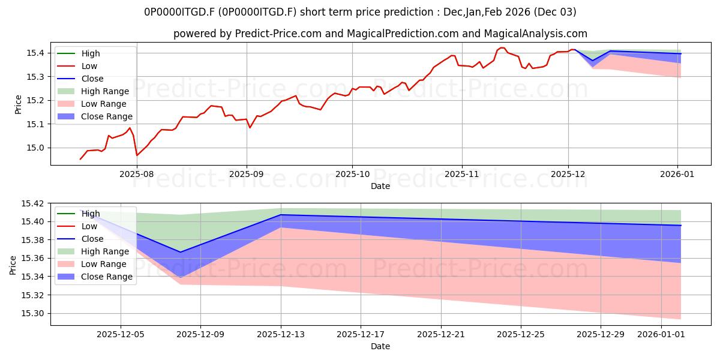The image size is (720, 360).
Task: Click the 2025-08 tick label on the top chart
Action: pos(137,174)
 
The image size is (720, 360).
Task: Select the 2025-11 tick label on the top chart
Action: pos(461,174)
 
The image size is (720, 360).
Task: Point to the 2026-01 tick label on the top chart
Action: pos(677,174)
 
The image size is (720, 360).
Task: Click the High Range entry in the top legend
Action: pos(105,91)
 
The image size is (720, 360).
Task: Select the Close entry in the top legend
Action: pos(92,79)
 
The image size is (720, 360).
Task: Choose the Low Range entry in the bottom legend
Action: pos(104,264)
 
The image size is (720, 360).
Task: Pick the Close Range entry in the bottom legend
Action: pos(107,277)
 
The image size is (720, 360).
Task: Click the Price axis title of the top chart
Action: pos(18,104)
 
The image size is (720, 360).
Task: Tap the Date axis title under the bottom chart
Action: pos(380,346)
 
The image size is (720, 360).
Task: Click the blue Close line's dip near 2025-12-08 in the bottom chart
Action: pos(181,252)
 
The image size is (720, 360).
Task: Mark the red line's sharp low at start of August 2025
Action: pos(137,155)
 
